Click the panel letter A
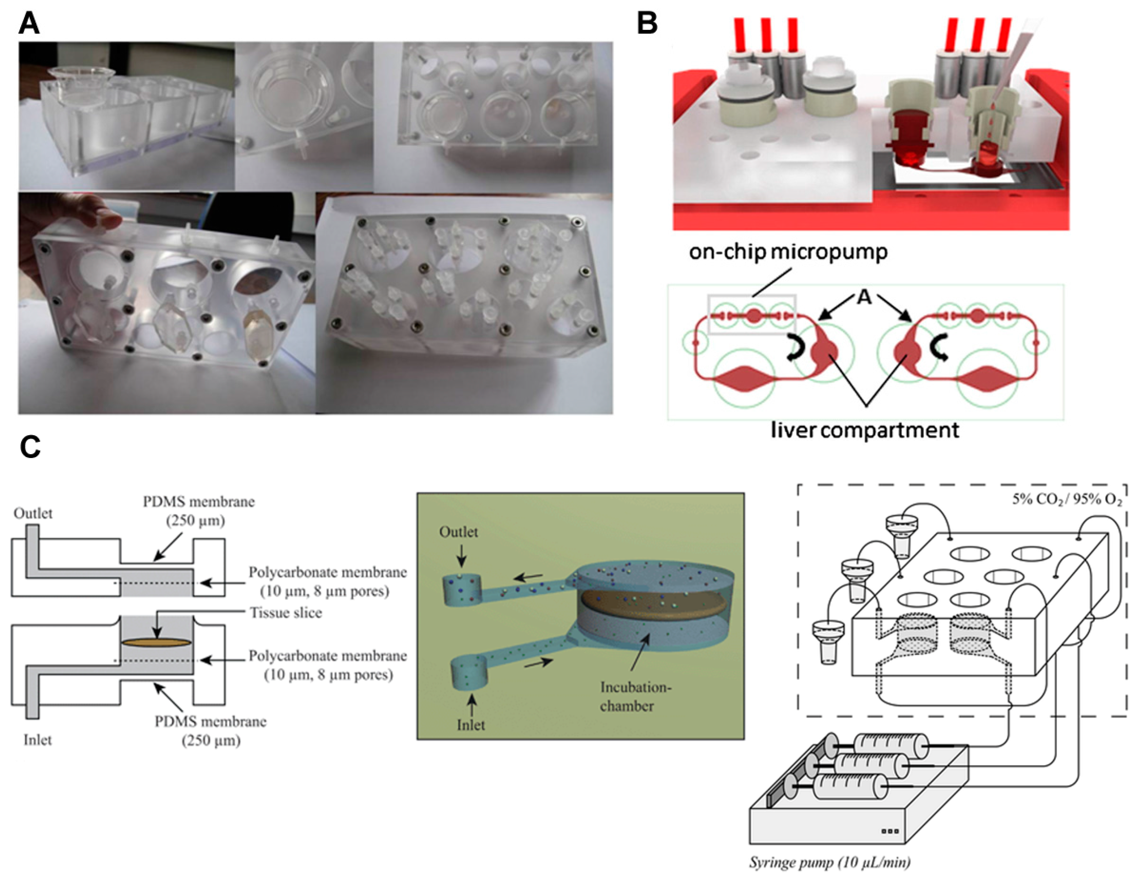tap(29, 24)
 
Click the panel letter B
tap(647, 24)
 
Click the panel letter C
tap(30, 447)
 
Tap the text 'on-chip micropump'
tap(788, 252)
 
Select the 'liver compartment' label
tap(865, 430)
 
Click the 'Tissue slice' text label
tap(286, 613)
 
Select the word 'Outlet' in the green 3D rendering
tap(458, 532)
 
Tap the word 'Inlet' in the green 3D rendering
tap(470, 725)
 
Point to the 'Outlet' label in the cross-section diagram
tap(33, 514)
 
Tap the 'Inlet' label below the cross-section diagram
tap(38, 740)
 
